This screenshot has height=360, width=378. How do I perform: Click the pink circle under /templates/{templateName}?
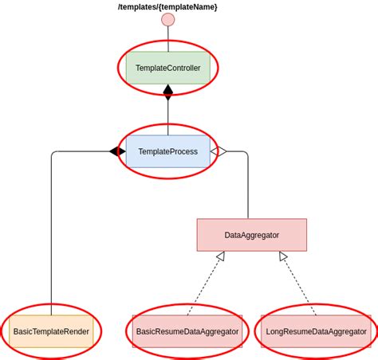point(167,20)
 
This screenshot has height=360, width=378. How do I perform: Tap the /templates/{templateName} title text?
point(167,6)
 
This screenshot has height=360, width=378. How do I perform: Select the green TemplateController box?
point(167,68)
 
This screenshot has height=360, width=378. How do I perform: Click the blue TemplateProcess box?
point(167,151)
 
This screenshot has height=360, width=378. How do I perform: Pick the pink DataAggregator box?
point(251,235)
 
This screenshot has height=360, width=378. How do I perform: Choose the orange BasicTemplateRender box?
point(51,331)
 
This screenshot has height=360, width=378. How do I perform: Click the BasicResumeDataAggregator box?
point(187,331)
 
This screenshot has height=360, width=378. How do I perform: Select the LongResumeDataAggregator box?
point(315,331)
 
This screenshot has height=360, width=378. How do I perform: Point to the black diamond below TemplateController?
point(167,92)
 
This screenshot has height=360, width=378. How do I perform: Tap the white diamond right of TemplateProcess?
point(218,151)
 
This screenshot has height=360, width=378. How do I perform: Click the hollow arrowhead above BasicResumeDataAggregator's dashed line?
point(220,256)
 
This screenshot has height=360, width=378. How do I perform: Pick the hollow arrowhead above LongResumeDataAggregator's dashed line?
point(283,256)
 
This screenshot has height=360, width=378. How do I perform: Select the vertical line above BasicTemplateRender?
point(51,231)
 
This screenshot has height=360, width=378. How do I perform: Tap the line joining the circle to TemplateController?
point(167,39)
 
